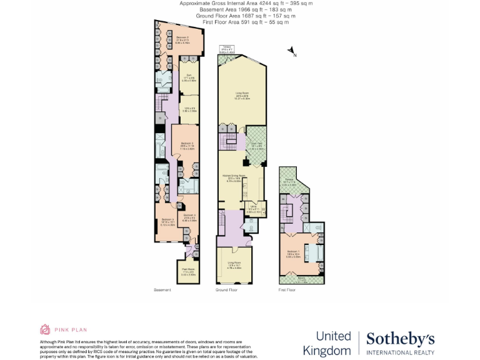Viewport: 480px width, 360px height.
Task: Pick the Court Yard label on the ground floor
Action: (256, 147)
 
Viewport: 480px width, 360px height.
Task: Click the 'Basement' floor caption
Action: (162, 291)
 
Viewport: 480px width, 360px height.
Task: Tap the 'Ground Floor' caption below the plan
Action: (226, 291)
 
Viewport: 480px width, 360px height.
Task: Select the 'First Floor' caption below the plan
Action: (287, 291)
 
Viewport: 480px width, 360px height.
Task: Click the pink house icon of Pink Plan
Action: (45, 329)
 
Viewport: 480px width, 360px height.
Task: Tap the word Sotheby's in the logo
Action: (400, 339)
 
